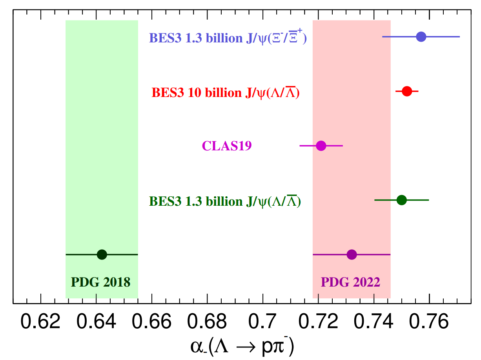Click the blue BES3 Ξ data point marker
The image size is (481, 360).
click(421, 37)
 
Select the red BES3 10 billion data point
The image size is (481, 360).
click(407, 91)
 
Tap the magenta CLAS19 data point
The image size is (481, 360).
click(321, 146)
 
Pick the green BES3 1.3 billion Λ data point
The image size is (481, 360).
click(401, 200)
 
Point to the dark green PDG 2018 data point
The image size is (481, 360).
click(102, 254)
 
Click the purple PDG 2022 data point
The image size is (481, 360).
click(352, 254)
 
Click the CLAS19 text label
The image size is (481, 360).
click(227, 146)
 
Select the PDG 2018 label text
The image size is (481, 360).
click(100, 281)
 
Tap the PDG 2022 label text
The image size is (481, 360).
click(350, 281)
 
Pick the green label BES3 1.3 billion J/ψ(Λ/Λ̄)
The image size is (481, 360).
click(225, 201)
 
